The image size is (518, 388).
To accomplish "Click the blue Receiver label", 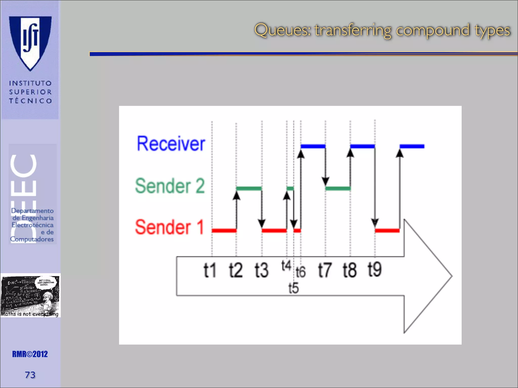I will click(171, 144).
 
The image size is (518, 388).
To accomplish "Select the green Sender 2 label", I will click(170, 186).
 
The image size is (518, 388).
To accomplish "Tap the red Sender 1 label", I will click(169, 227).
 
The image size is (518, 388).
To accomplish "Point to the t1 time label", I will click(210, 270).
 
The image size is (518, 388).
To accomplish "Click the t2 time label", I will click(235, 270).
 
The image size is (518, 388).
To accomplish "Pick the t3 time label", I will click(261, 270).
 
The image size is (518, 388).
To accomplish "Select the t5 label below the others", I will click(293, 288).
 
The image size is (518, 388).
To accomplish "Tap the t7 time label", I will click(325, 270).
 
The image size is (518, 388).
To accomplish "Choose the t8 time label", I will click(350, 270).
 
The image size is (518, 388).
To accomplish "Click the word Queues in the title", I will click(282, 30).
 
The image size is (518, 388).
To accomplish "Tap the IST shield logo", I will click(30, 42).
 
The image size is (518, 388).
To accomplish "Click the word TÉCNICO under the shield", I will click(30, 101).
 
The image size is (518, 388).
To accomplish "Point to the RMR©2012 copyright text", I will click(30, 354).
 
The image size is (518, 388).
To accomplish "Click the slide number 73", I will click(30, 375).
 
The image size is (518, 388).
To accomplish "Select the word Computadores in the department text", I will click(32, 239).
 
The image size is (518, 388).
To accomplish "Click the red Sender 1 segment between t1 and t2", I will click(224, 230).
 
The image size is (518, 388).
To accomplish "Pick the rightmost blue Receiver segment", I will click(412, 146).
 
